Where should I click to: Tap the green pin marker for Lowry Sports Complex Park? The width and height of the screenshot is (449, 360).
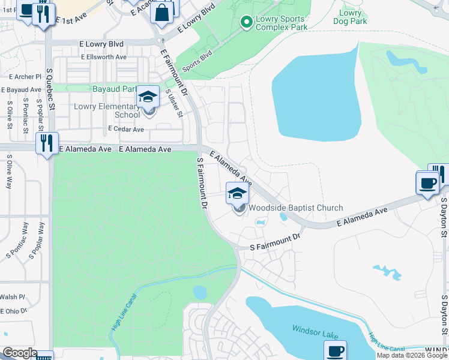[246, 22]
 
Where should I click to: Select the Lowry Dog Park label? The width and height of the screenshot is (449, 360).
[351, 17]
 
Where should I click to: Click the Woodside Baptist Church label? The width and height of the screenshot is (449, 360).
[296, 208]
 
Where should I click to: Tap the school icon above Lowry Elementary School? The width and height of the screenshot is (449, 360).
[148, 97]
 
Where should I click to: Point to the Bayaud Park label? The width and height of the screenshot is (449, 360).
[115, 89]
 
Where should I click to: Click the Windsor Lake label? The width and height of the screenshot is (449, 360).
[315, 329]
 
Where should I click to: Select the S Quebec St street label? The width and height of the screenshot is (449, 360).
[50, 89]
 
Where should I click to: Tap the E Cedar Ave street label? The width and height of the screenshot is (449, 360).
[126, 129]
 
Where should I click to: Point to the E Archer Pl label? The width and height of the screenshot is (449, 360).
[25, 77]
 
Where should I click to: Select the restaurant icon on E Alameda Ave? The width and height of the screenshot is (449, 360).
[46, 143]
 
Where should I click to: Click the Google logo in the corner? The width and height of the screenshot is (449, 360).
[19, 353]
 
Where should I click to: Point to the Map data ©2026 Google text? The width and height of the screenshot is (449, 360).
[412, 355]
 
